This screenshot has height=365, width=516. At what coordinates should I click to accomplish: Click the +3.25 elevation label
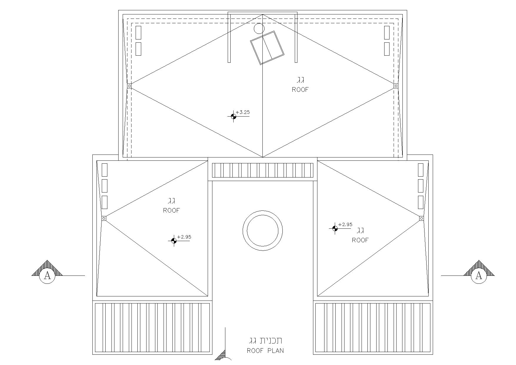point(243,112)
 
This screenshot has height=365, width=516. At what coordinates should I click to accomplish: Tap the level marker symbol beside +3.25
point(234,116)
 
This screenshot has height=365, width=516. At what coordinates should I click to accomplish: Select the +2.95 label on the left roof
point(184,237)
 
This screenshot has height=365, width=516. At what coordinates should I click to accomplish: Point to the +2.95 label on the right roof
point(345,225)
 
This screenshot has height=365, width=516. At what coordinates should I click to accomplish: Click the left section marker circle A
point(47,276)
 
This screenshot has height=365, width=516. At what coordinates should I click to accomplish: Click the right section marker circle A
point(479,276)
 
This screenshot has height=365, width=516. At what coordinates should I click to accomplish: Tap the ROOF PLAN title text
point(265,351)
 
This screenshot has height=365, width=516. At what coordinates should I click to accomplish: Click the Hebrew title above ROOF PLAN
point(266,341)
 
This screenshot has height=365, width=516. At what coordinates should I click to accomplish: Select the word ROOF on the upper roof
point(300,89)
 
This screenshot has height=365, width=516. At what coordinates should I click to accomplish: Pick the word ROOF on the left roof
point(172,210)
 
